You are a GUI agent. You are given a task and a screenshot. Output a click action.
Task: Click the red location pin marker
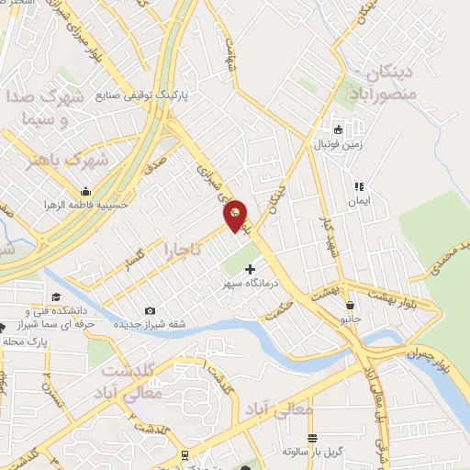236,215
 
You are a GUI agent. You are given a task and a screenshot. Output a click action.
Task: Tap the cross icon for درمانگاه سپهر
250,269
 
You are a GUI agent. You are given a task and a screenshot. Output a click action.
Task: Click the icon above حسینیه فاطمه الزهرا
85,191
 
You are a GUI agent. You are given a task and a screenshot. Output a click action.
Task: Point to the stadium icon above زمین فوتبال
338,129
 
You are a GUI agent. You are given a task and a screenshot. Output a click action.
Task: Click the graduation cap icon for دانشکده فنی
56,297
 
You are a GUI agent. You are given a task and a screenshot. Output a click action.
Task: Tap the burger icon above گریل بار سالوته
312,438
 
